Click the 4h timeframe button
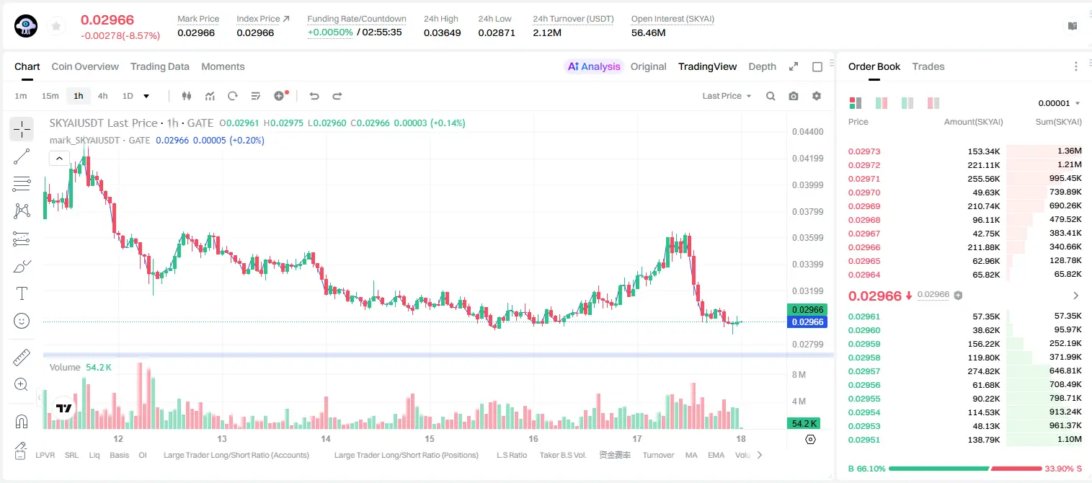pos(102,96)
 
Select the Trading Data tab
pos(159,67)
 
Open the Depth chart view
pos(762,67)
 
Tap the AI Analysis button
pos(594,67)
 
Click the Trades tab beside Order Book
pos(928,67)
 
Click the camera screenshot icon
pos(794,96)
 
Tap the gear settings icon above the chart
pos(817,96)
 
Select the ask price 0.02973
pos(864,151)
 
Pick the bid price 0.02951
pos(864,440)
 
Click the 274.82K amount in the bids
pos(984,371)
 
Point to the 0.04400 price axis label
pos(808,132)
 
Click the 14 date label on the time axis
pos(326,438)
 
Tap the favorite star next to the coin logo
pos(56,26)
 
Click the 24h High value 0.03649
pos(442,32)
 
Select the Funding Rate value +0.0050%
pos(330,32)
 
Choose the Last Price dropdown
pos(727,96)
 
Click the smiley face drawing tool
pos(22,321)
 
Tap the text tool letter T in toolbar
pos(22,293)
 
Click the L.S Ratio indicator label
pos(511,455)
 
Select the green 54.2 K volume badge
pos(804,424)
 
